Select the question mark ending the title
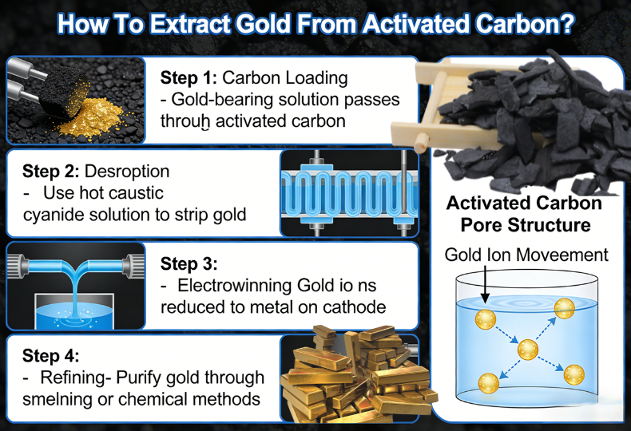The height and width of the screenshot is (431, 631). (565, 23)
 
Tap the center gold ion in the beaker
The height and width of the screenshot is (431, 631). (526, 349)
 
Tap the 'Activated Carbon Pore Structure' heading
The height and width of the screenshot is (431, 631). (524, 214)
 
